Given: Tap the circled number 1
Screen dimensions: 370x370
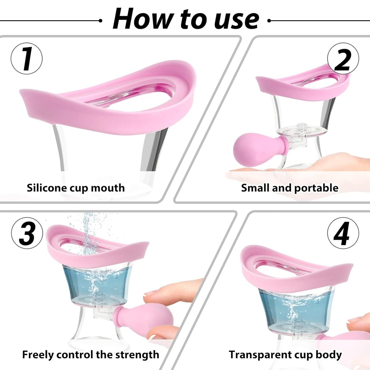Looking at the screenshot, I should tap(27, 59).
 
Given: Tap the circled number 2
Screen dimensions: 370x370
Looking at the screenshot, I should tap(343, 59).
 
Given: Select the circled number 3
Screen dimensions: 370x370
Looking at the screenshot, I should tap(27, 233).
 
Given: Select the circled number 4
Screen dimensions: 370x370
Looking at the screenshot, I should tap(343, 233).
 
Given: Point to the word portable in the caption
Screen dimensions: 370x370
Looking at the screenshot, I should tap(316, 188).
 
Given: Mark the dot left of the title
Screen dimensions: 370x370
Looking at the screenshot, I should tap(100, 21).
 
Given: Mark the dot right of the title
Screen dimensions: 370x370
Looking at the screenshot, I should tap(269, 21).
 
